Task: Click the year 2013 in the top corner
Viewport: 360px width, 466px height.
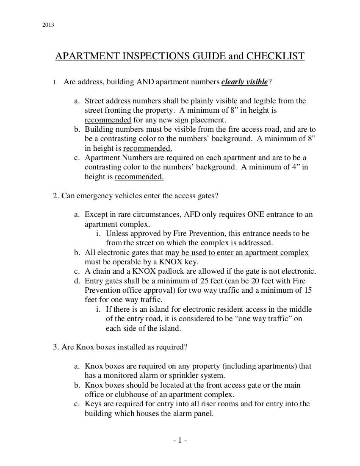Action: tap(48, 25)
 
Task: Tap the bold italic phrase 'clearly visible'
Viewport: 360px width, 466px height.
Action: tap(244, 82)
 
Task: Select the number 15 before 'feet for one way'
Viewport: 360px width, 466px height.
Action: tap(308, 290)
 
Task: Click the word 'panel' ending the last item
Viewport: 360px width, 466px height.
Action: tap(204, 413)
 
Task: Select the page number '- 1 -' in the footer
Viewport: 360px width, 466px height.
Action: tap(180, 441)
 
